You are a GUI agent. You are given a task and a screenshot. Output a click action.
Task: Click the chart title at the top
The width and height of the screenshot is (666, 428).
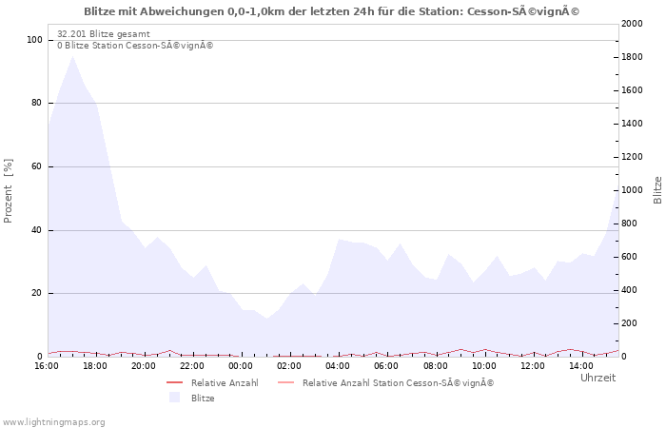[331, 11]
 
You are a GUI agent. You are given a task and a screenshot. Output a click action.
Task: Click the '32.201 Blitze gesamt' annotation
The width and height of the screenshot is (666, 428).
[104, 34]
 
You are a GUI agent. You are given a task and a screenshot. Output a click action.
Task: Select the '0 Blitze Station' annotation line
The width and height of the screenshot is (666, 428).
[135, 46]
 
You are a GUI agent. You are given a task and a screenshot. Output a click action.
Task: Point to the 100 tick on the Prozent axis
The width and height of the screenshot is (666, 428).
[34, 40]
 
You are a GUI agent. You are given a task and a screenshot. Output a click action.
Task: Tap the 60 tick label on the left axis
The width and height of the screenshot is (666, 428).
[36, 166]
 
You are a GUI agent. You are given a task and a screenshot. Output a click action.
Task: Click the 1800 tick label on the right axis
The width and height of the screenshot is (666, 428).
[632, 57]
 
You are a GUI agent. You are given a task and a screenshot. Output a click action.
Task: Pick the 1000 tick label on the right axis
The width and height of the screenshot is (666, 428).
[632, 190]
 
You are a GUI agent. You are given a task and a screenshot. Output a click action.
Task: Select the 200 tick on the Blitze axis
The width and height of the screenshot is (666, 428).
[630, 323]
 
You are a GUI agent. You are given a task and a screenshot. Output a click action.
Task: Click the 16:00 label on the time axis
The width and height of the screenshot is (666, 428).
[47, 366]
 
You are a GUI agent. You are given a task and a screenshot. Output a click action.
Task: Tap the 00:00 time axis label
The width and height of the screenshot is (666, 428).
[241, 366]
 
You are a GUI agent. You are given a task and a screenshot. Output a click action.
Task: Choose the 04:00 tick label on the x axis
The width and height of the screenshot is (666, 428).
[338, 366]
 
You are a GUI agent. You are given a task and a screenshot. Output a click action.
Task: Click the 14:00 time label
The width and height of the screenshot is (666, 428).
[581, 366]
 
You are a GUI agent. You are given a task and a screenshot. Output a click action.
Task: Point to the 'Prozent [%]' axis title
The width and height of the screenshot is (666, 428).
[8, 190]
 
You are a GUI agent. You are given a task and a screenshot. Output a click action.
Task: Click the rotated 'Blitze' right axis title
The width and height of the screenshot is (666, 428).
[657, 190]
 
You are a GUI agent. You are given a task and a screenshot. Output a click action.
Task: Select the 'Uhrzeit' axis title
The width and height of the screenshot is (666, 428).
[598, 378]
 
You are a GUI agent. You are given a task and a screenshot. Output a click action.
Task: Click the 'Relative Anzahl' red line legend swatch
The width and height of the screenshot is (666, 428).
[174, 382]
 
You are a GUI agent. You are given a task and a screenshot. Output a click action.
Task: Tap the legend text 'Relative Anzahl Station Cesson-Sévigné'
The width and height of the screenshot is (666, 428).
[398, 383]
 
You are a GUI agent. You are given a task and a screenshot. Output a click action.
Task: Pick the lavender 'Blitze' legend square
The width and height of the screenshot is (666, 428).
[174, 398]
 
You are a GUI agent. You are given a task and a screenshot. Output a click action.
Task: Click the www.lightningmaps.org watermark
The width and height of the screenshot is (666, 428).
[52, 422]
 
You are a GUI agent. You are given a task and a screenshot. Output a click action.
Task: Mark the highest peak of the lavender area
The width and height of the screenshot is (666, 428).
[72, 55]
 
